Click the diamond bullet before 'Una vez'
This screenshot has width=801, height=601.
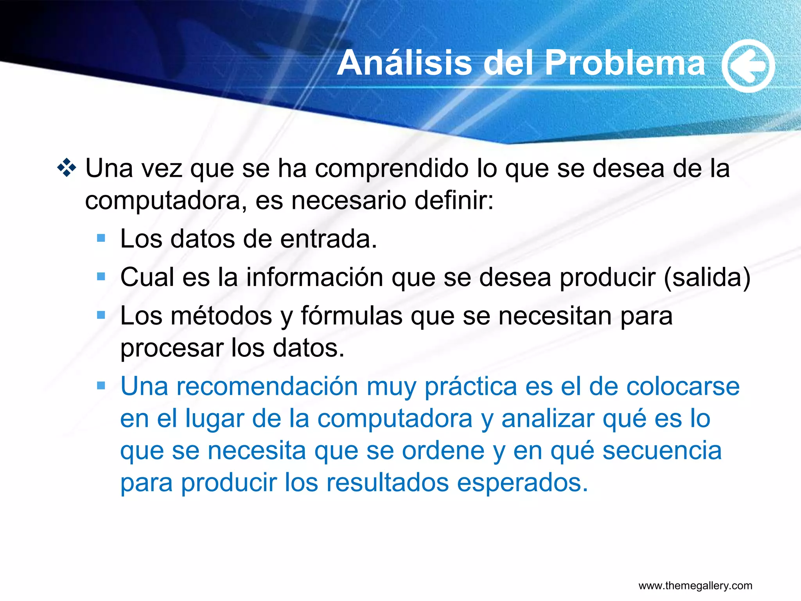(x=67, y=168)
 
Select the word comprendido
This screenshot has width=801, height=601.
(x=392, y=169)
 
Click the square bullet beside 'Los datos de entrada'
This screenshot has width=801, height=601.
(x=101, y=238)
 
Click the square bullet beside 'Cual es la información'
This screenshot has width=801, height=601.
(x=101, y=277)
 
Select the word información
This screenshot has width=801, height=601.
(x=314, y=277)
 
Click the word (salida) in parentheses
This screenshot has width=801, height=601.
(x=707, y=277)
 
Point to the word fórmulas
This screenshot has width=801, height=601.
(x=351, y=316)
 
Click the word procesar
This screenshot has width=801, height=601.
(x=171, y=348)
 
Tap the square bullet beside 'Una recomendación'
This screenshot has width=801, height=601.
(x=101, y=386)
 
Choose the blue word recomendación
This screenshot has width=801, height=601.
(x=267, y=387)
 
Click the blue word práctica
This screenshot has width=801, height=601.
(x=471, y=387)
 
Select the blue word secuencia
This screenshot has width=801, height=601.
(x=662, y=451)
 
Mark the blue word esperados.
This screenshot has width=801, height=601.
(x=522, y=483)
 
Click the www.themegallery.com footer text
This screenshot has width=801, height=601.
(x=695, y=586)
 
